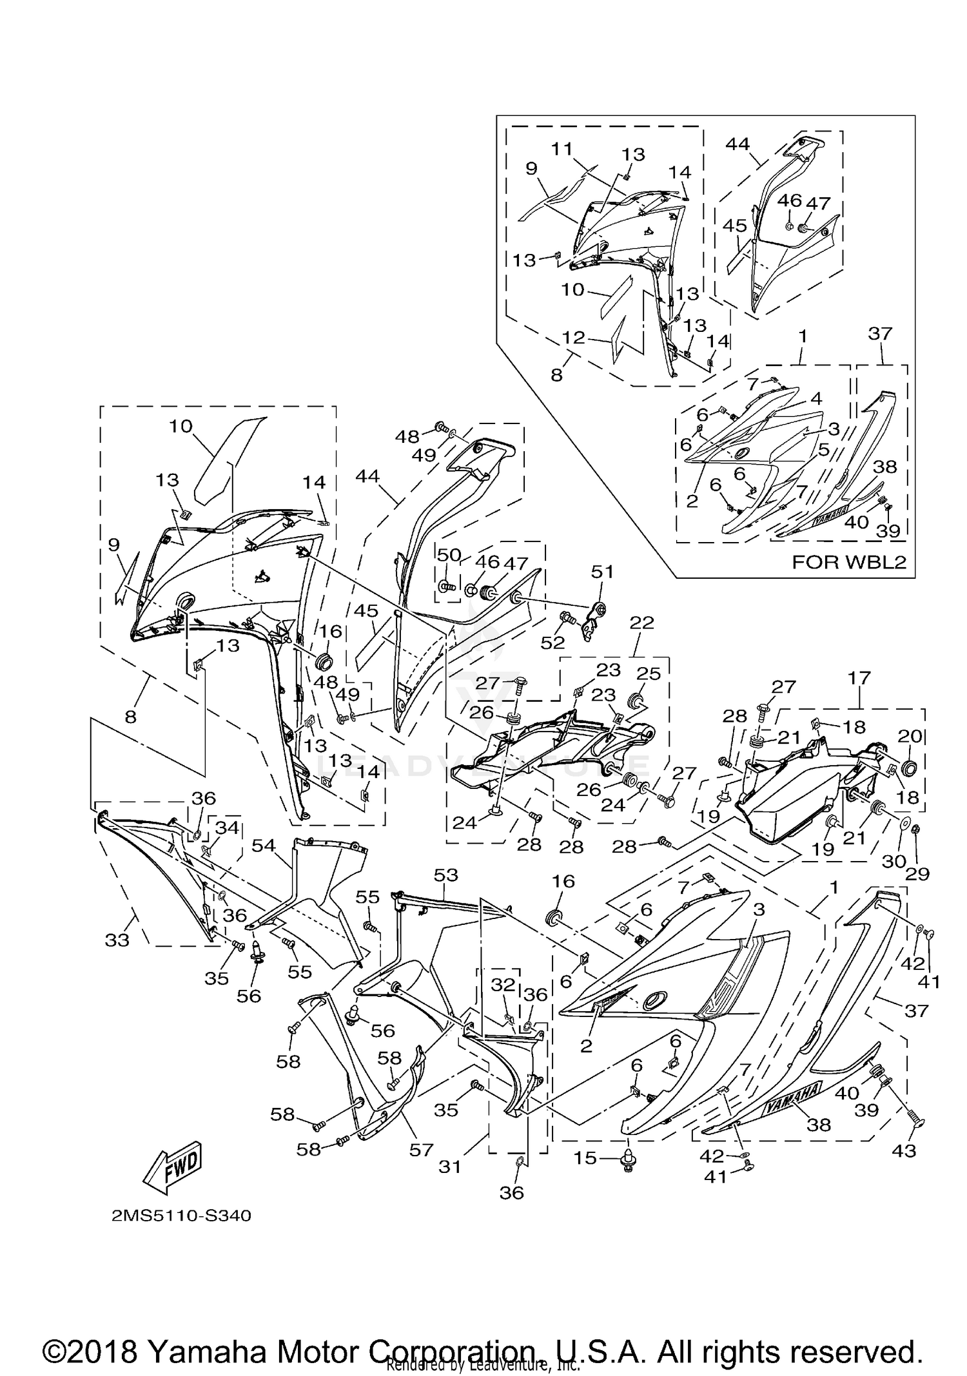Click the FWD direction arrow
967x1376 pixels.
[173, 1166]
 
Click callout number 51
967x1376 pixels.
[602, 572]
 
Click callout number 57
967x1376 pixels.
[421, 1149]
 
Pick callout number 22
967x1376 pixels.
[642, 622]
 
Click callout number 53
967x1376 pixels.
[446, 875]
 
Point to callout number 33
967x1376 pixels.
[117, 940]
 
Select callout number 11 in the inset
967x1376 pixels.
[562, 149]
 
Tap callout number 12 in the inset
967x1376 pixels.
[574, 338]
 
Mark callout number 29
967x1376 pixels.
[918, 874]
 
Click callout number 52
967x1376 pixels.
[552, 642]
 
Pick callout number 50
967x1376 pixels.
[449, 554]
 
